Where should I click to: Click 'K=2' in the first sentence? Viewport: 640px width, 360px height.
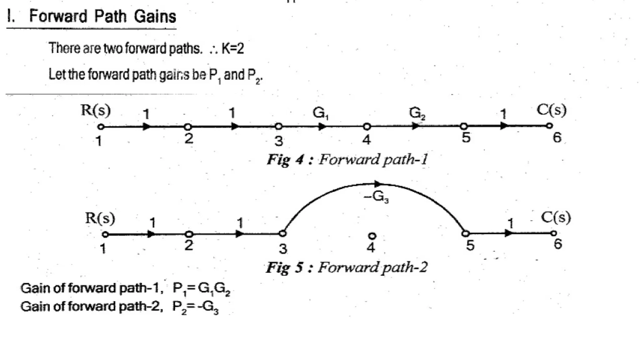pyautogui.click(x=232, y=48)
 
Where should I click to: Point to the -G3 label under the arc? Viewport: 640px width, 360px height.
pyautogui.click(x=377, y=197)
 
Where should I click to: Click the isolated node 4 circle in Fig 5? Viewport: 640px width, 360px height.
pyautogui.click(x=372, y=236)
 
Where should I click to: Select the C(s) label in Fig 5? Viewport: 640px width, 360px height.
pyautogui.click(x=556, y=217)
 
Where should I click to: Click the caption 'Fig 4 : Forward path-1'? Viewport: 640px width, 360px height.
pyautogui.click(x=347, y=159)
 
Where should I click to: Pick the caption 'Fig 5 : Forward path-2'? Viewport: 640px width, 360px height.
pyautogui.click(x=346, y=267)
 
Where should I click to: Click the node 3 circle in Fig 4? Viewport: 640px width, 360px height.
pyautogui.click(x=279, y=127)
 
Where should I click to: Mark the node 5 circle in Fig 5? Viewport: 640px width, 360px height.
pyautogui.click(x=466, y=233)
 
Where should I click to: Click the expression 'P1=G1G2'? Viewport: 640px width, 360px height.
pyautogui.click(x=201, y=288)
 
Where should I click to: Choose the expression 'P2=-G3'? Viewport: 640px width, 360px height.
pyautogui.click(x=196, y=307)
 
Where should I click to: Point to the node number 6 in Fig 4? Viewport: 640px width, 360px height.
pyautogui.click(x=557, y=137)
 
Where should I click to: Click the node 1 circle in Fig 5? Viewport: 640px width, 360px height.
pyautogui.click(x=106, y=234)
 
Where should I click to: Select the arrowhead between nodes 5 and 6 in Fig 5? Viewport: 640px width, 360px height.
pyautogui.click(x=508, y=233)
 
